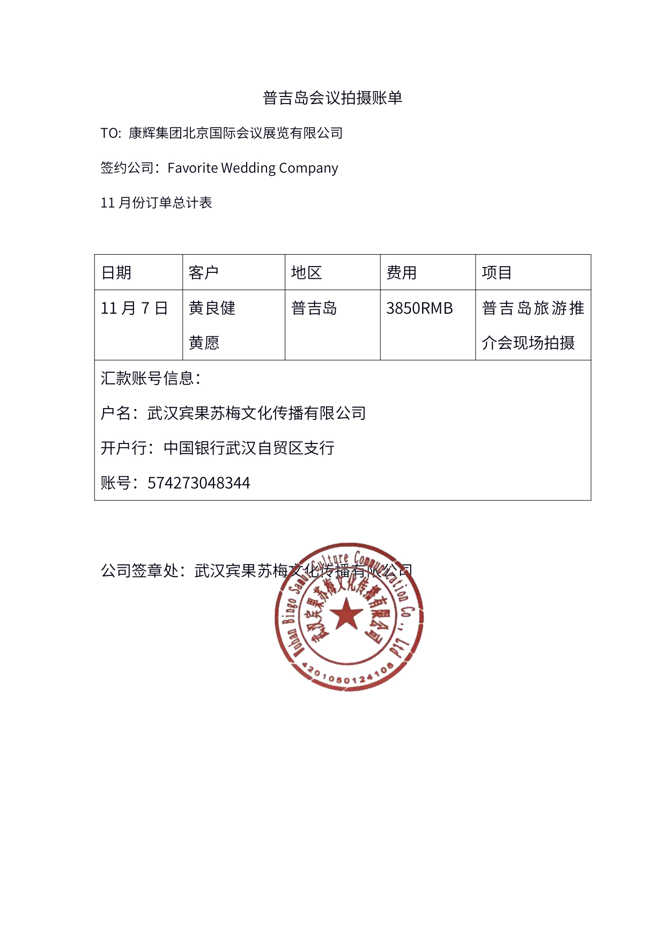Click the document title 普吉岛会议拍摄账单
coord(332,98)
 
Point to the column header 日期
coord(116,273)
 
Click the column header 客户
coord(204,273)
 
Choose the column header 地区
coord(306,273)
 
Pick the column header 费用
coord(402,273)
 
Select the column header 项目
coord(497,273)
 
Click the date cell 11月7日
coord(135,308)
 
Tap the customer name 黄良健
coord(212,308)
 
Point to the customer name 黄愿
coord(204,343)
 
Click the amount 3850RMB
coord(419,308)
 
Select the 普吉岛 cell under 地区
coord(314,308)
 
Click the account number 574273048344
coord(198,483)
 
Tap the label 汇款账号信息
coord(150,379)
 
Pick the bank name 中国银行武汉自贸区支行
coord(249,448)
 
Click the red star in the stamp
coord(346,614)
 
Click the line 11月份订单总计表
coord(157,203)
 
